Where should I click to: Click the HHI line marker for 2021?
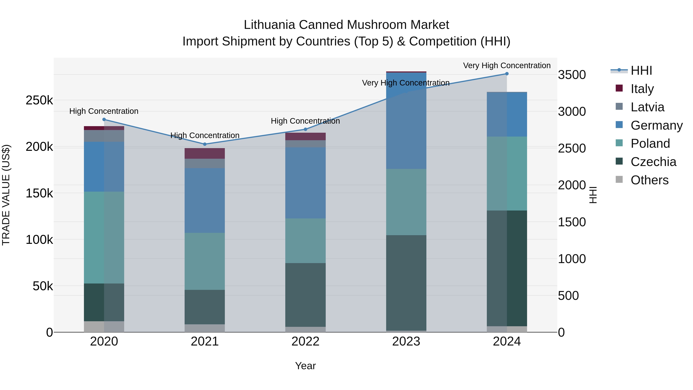coord(205,144)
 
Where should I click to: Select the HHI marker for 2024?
coord(507,74)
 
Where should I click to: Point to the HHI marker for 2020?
coord(104,119)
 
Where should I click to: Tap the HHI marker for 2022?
coord(305,129)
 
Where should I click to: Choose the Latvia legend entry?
coord(647,107)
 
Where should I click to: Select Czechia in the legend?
coord(653,162)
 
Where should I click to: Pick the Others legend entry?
coord(649,180)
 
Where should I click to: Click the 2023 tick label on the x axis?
coord(406,341)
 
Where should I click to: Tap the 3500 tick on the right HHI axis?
coord(572,75)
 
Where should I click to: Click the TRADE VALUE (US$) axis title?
coord(6,195)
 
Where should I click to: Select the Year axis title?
coord(305,366)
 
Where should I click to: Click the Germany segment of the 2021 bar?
coord(205,200)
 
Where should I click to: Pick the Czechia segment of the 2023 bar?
coord(406,283)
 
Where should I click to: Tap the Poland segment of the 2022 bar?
coord(305,241)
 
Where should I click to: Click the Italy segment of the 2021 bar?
coord(205,153)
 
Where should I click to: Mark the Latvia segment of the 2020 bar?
coord(104,136)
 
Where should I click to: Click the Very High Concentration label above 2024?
coord(507,66)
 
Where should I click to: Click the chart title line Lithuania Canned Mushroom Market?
coord(346,25)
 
